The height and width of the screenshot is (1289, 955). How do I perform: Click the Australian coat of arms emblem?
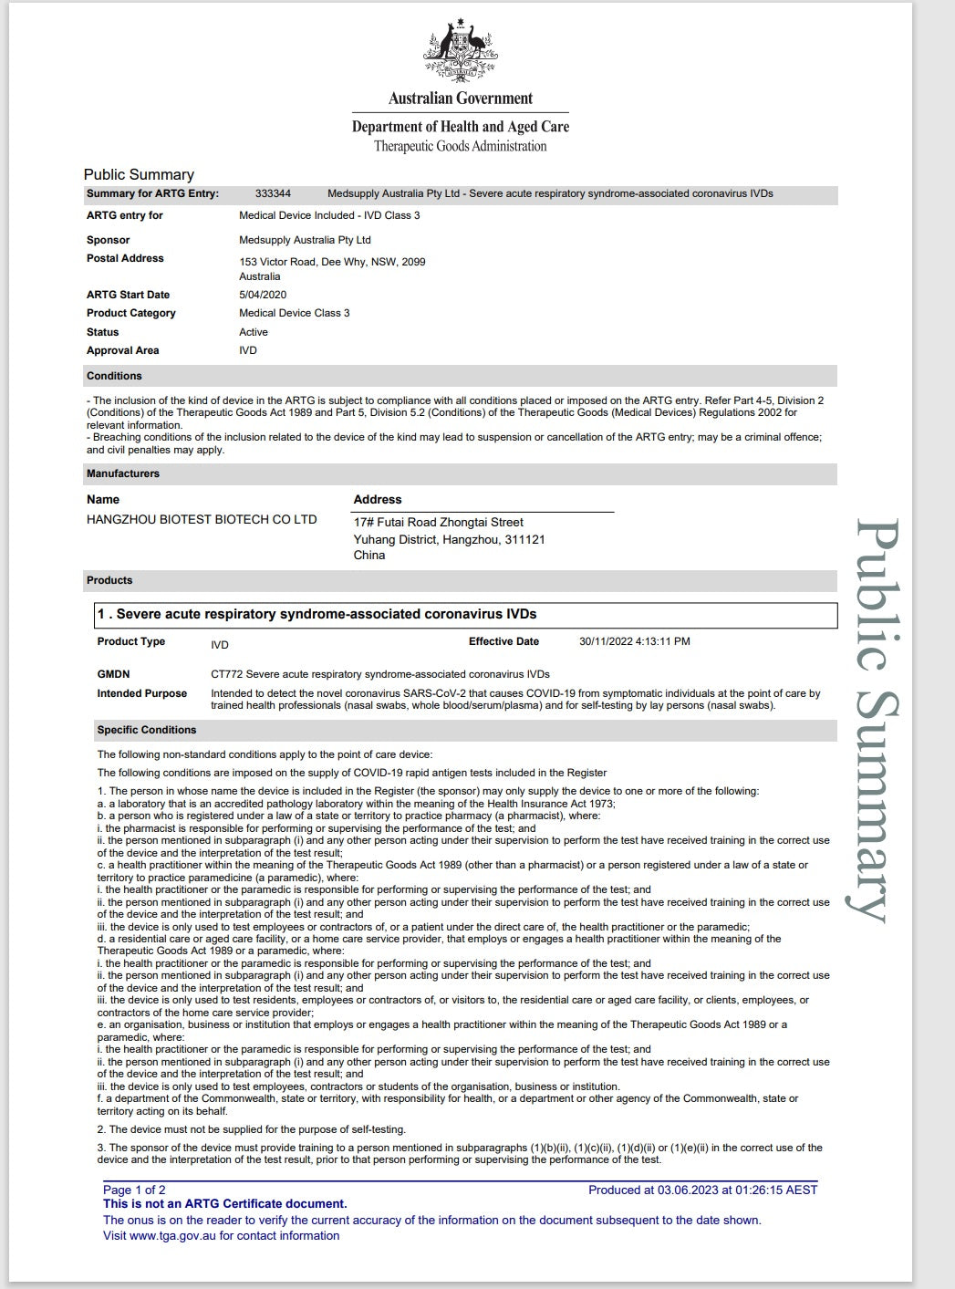coord(460,52)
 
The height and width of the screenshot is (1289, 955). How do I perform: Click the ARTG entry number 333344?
coord(273,193)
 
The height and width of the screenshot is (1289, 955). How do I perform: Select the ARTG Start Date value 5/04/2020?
coord(263,295)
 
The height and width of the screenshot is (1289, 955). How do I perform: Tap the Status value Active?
coord(254,332)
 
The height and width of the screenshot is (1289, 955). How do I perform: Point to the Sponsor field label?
coord(108,240)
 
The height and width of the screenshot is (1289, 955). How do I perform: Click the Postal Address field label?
coord(125,258)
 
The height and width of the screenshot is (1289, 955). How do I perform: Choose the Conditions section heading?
coord(114,376)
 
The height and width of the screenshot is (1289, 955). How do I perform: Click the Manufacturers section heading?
coord(122,473)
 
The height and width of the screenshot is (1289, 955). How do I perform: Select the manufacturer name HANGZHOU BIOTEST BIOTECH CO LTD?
coord(202,519)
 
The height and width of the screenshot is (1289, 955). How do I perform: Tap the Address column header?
coord(378,499)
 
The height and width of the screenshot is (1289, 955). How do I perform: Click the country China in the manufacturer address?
coord(369,555)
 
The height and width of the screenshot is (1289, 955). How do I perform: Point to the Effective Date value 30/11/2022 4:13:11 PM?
coord(634,641)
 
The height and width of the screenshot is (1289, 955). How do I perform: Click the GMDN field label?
coord(113,674)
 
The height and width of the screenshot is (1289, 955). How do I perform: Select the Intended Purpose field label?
coord(141,693)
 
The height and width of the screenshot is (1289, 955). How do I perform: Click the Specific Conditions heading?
coord(146,730)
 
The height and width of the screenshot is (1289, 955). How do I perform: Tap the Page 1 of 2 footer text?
coord(134,1190)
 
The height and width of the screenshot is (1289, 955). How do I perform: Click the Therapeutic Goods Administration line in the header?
coord(460,146)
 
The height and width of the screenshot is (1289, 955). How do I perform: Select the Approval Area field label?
coord(122,350)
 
